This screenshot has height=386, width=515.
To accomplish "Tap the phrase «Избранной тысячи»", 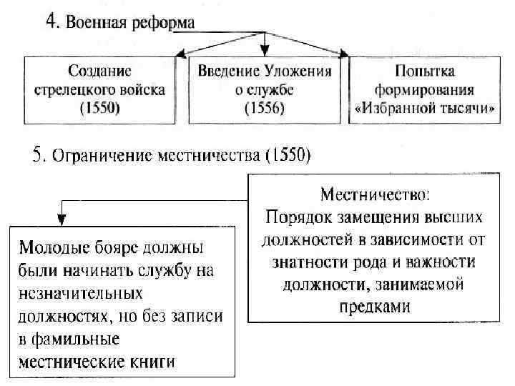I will [424, 109].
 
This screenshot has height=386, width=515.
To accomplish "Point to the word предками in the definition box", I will [375, 307].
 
